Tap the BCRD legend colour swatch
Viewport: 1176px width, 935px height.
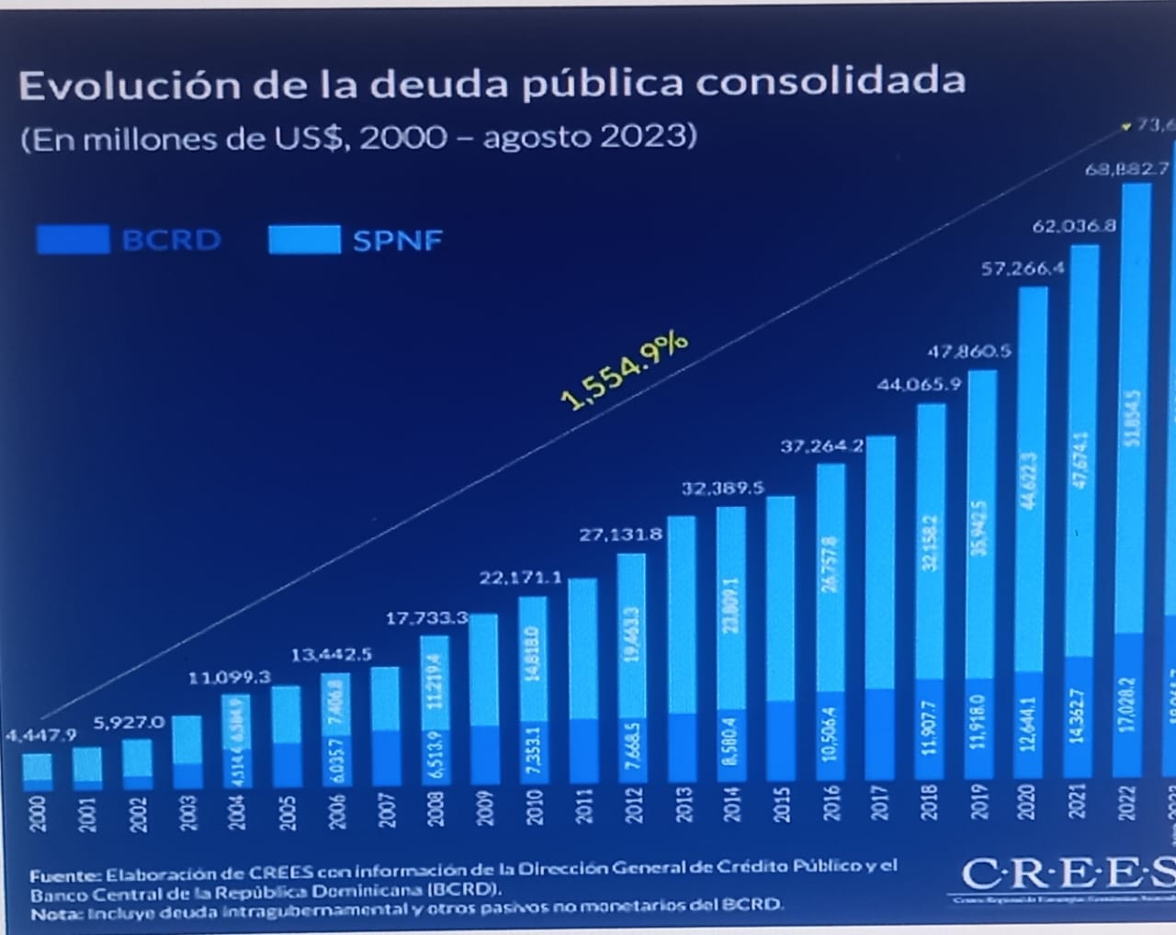tap(73, 240)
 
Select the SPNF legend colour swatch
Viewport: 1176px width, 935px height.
tap(304, 240)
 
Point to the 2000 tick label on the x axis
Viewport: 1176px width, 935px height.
tap(37, 814)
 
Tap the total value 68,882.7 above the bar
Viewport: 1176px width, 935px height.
tap(1126, 169)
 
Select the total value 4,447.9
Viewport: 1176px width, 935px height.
tap(40, 735)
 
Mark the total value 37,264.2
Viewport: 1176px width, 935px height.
tap(822, 446)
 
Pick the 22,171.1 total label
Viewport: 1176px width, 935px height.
tap(520, 578)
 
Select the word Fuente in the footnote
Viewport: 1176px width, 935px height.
tap(64, 875)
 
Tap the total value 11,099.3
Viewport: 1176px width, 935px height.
tap(230, 678)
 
